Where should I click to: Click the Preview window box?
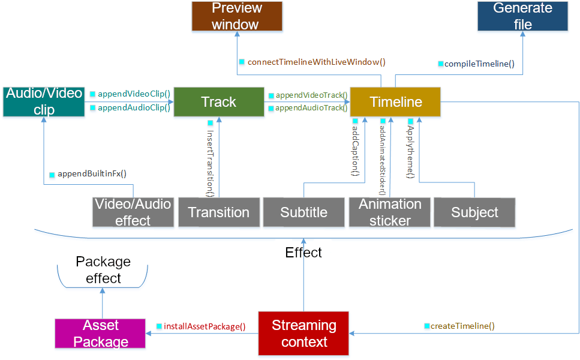click(237, 16)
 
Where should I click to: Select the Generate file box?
click(522, 16)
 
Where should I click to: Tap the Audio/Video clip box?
click(44, 102)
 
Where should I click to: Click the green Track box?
click(219, 102)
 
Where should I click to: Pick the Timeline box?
click(395, 102)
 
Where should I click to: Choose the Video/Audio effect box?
click(133, 212)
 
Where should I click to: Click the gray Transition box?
click(219, 212)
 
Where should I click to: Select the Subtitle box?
click(303, 212)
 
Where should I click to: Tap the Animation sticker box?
click(390, 212)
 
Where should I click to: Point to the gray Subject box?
click(474, 212)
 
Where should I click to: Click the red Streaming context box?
click(303, 334)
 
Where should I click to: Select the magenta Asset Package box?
click(100, 334)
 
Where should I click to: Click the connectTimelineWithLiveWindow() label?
click(317, 62)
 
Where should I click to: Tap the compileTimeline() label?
click(479, 64)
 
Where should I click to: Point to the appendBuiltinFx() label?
click(92, 173)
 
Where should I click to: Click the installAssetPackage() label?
click(205, 326)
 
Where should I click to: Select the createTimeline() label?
click(462, 326)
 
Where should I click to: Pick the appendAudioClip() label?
click(134, 107)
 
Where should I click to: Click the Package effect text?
click(103, 270)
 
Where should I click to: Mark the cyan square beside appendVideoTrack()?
click(271, 96)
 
